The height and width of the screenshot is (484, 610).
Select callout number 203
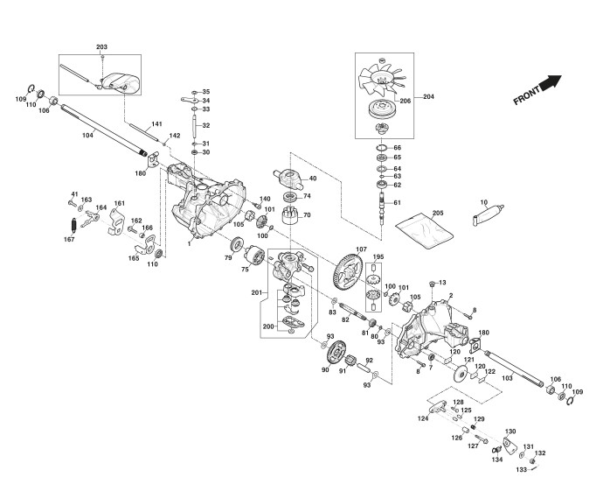(101, 46)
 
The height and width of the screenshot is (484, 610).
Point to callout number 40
(312, 179)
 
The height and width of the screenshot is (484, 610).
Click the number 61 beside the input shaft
(396, 202)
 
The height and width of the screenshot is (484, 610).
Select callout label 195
(378, 256)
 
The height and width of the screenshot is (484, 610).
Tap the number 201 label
(257, 291)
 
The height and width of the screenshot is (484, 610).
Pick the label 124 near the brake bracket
(422, 418)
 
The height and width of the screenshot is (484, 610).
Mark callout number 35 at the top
(206, 92)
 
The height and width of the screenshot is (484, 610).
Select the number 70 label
(307, 214)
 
